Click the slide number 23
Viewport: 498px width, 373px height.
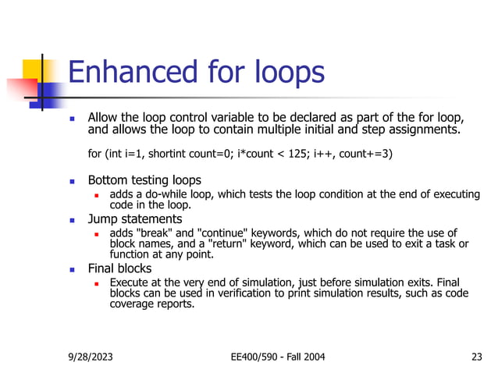pyautogui.click(x=477, y=357)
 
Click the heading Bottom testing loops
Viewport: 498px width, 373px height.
pyautogui.click(x=144, y=179)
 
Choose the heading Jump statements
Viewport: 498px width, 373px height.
pyautogui.click(x=134, y=219)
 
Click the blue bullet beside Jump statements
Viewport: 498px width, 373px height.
pyautogui.click(x=72, y=220)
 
